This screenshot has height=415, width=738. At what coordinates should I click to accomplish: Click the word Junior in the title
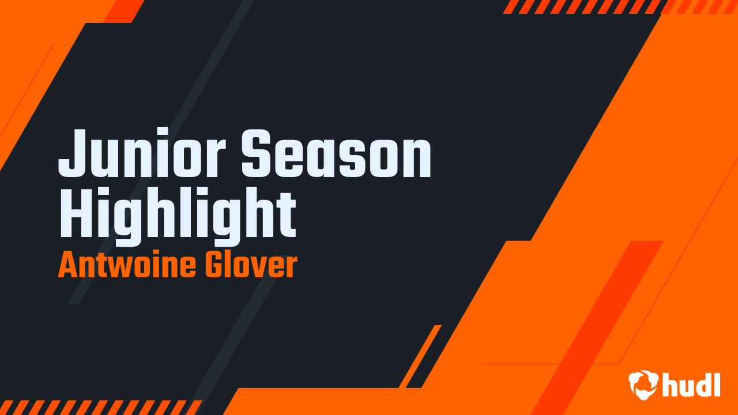142,153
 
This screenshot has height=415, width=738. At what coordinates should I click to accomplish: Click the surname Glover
251,266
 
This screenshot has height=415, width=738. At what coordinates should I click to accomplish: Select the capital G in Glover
213,266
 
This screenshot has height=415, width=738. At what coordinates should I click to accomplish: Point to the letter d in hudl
703,384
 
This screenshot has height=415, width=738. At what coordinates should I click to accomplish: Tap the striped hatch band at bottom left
98,407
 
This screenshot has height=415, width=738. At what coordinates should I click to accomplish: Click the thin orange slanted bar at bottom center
420,356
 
